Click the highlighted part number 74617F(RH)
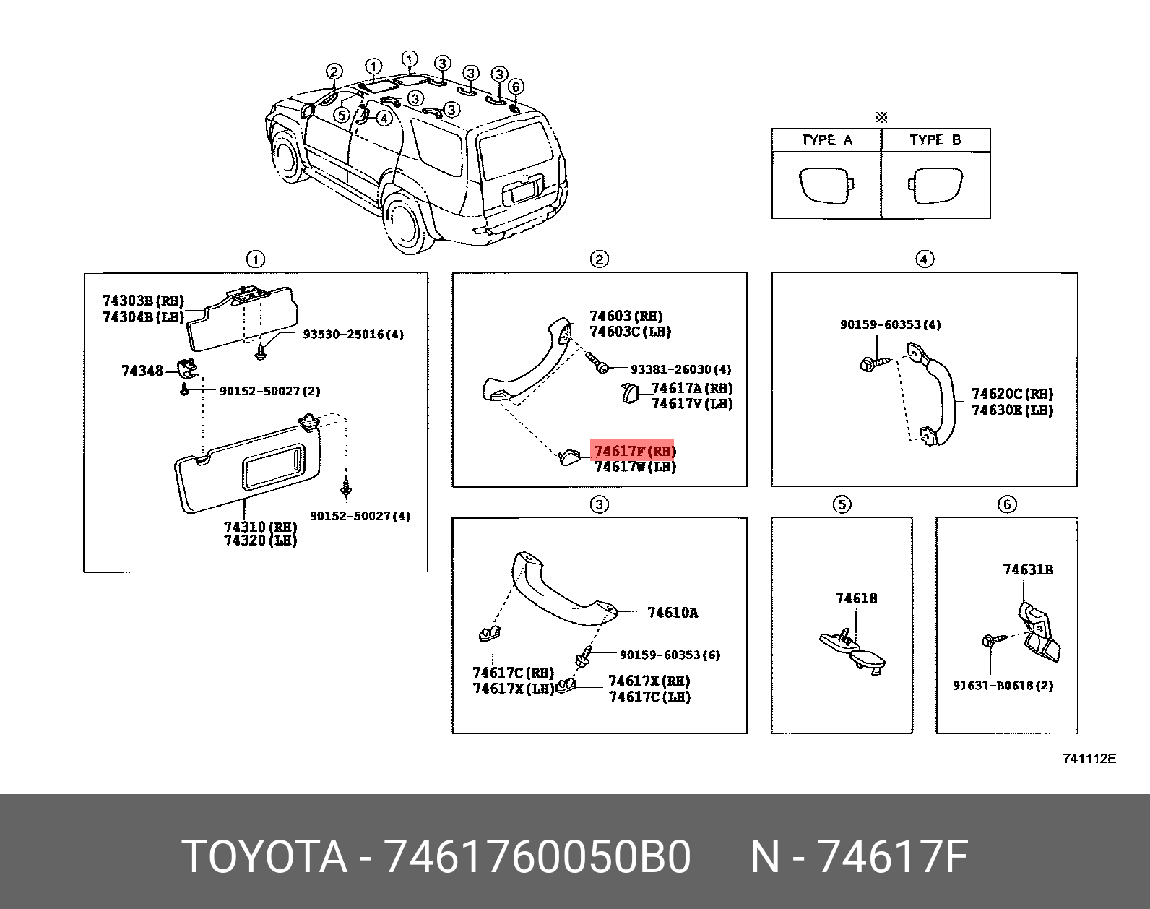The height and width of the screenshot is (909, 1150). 633,451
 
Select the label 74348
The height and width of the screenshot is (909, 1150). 142,371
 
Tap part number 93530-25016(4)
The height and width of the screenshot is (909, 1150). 353,335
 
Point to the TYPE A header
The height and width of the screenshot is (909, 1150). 826,140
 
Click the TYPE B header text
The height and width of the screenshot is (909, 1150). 935,140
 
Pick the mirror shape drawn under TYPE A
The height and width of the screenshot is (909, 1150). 826,186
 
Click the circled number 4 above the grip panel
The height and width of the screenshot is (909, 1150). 924,259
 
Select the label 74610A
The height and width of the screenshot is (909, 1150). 673,613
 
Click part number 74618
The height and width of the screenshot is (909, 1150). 856,598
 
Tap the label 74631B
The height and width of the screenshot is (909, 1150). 1027,570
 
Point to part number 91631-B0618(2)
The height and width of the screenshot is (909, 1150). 1003,685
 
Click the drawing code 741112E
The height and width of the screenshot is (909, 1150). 1089,758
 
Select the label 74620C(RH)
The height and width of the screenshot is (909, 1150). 1011,394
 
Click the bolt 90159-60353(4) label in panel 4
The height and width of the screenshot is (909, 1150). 890,324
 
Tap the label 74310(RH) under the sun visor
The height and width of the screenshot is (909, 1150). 260,527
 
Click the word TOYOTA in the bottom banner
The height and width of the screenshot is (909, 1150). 264,857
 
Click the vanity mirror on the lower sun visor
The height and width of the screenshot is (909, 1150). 272,465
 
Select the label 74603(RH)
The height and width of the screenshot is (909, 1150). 626,316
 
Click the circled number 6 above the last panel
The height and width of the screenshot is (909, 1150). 1007,504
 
